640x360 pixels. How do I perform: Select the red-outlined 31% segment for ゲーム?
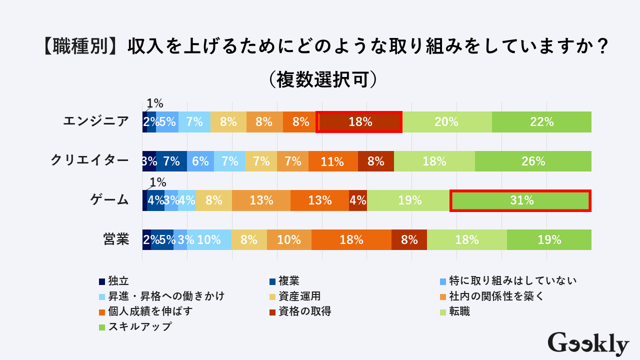pos(520,200)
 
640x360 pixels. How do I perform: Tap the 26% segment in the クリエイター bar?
pos(533,161)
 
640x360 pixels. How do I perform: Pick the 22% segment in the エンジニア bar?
pos(541,121)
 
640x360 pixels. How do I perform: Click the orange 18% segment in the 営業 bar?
pos(351,239)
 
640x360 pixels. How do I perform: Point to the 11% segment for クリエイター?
pos(333,161)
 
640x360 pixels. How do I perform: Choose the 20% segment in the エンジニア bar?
pos(447,121)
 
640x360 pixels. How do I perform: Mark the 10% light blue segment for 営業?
pos(209,239)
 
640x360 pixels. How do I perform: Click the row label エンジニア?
pos(96,121)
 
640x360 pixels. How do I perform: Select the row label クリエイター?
pos(90,161)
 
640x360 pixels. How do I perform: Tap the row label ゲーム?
pos(109,200)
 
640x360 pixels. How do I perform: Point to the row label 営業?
pos(116,239)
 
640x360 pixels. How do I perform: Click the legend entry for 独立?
pos(114,281)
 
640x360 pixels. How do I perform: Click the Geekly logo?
pos(588,344)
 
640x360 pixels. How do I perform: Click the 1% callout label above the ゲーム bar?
pos(157,182)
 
